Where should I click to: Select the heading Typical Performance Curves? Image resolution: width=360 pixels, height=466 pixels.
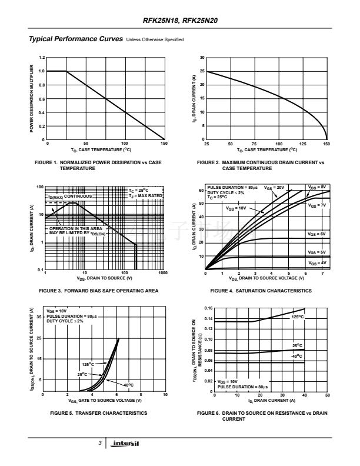pyautogui.click(x=76, y=39)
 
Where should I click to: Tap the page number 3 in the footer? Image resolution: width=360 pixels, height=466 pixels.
pyautogui.click(x=101, y=442)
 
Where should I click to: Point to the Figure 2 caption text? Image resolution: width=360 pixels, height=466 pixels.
pyautogui.click(x=260, y=165)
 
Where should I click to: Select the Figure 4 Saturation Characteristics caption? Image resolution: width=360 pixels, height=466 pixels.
pyautogui.click(x=261, y=290)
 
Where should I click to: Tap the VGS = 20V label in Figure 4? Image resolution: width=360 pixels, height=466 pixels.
pyautogui.click(x=275, y=188)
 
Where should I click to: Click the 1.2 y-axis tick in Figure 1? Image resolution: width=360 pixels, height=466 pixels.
pyautogui.click(x=41, y=58)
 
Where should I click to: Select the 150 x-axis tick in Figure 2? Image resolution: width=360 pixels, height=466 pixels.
pyautogui.click(x=326, y=144)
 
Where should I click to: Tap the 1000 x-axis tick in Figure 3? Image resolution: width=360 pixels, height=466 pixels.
pyautogui.click(x=163, y=273)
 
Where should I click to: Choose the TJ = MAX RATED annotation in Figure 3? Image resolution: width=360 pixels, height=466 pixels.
pyautogui.click(x=146, y=195)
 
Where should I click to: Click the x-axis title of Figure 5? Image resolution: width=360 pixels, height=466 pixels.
pyautogui.click(x=106, y=400)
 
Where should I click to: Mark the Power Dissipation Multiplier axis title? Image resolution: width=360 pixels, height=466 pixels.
pyautogui.click(x=32, y=98)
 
